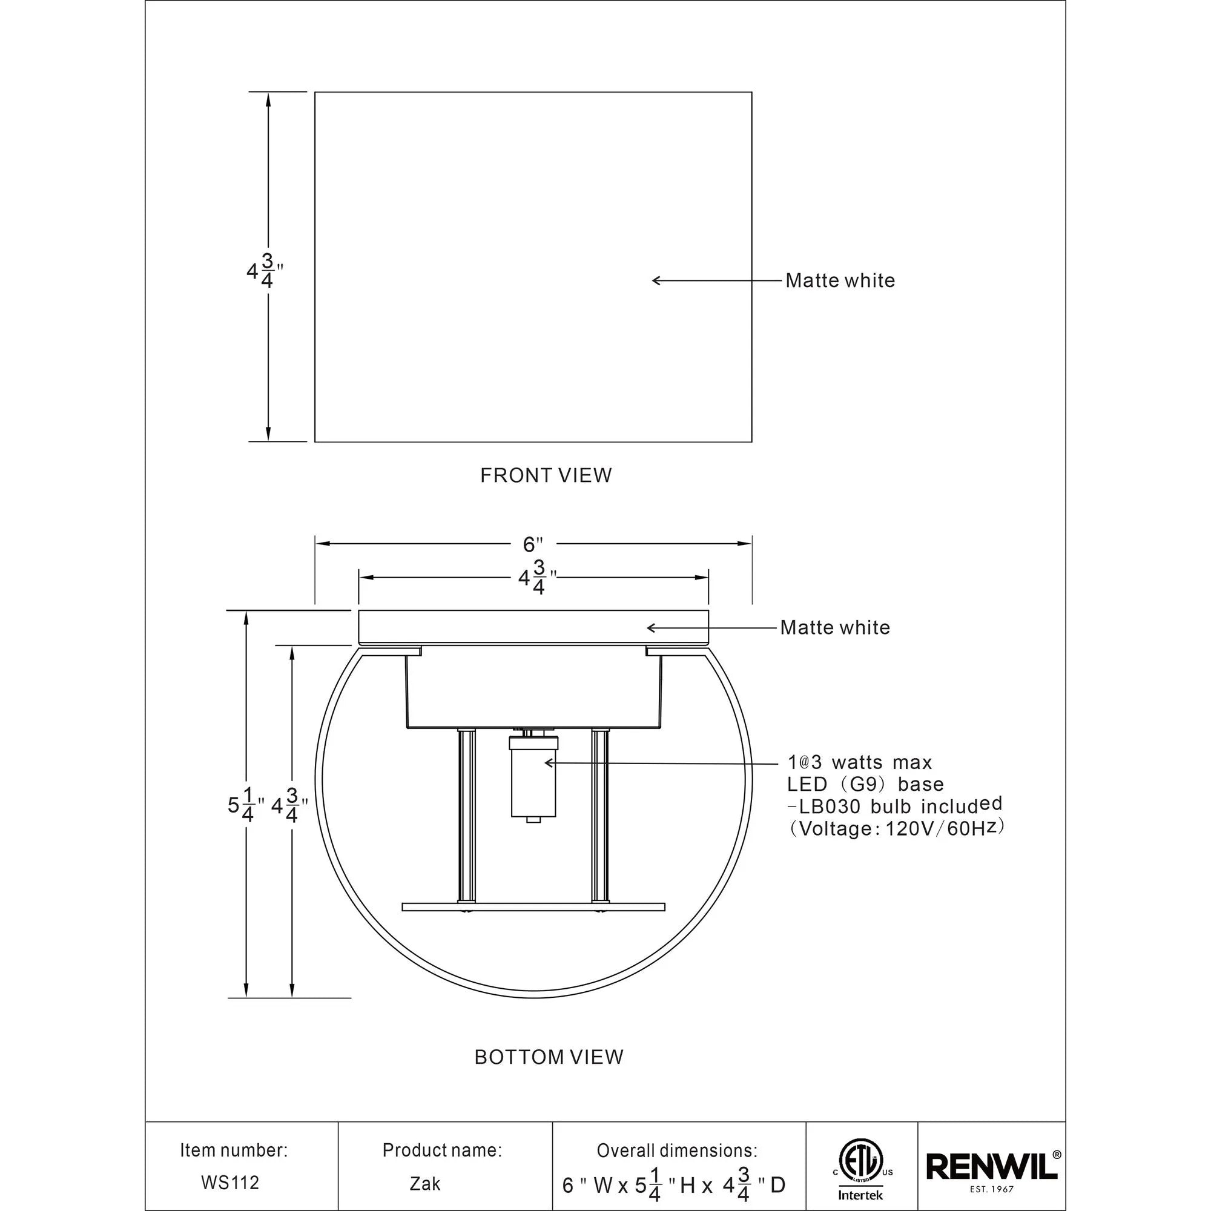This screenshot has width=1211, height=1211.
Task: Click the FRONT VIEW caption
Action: tap(546, 475)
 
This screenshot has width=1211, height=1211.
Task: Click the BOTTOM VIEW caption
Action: tap(549, 1057)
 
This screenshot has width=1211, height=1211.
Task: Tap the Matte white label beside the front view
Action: tap(839, 281)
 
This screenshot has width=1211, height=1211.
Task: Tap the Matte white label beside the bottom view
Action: tap(834, 627)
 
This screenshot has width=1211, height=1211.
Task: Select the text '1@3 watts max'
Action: tap(859, 762)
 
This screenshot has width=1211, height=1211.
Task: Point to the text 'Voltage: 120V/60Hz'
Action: tap(896, 829)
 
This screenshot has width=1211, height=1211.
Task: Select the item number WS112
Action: tap(230, 1182)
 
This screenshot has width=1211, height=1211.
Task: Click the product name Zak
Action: tap(425, 1183)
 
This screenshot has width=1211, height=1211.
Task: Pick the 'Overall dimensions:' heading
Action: tap(676, 1151)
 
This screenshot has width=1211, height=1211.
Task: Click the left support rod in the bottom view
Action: tap(465, 817)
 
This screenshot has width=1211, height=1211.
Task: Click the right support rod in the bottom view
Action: tap(599, 817)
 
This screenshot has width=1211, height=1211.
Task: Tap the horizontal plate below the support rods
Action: tap(533, 906)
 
